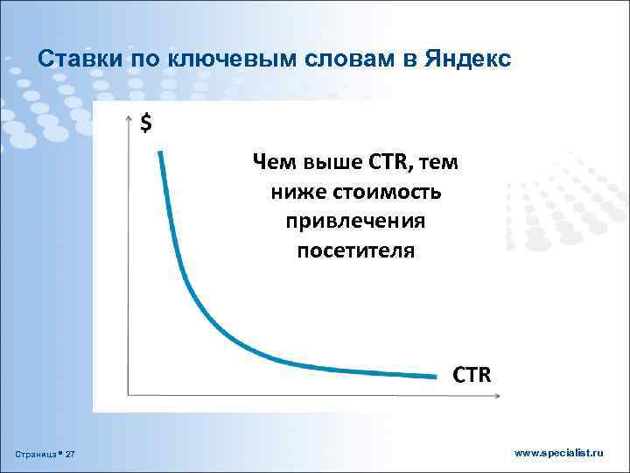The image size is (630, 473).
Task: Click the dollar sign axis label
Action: point(146,124)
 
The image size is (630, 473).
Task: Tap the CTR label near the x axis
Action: point(472,375)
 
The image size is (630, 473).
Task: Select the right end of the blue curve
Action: point(434,377)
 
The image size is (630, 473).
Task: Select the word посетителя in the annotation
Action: point(355,251)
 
